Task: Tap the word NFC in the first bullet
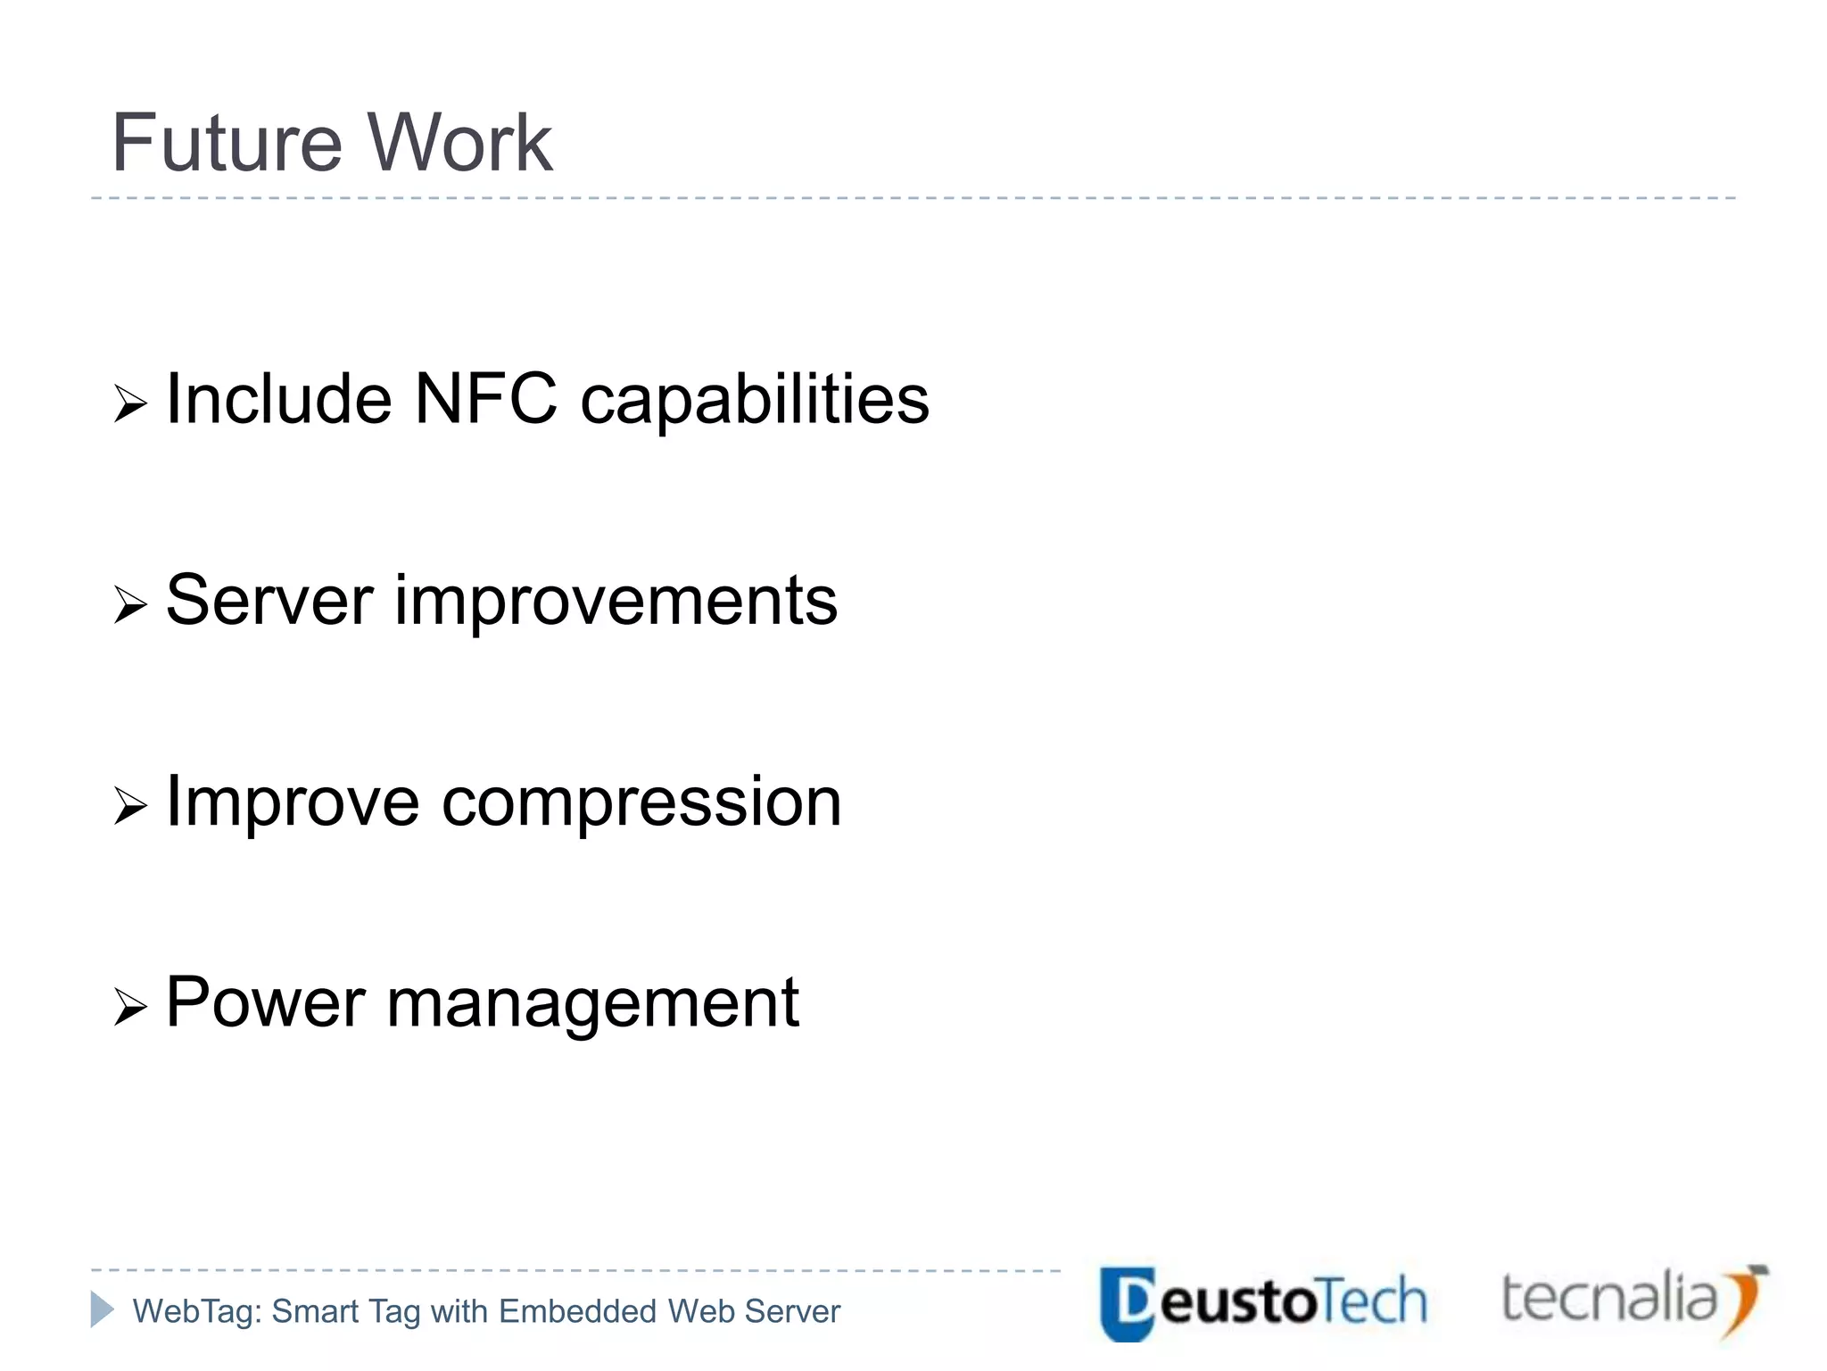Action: [486, 399]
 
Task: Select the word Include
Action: [279, 399]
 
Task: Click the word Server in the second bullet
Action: [269, 601]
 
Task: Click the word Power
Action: [265, 1003]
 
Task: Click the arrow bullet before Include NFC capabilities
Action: [130, 404]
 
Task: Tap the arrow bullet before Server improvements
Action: [130, 606]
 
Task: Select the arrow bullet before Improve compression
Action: [130, 807]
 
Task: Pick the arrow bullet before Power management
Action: [130, 1009]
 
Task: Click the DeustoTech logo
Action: [1263, 1302]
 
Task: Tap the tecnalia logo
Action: [1633, 1300]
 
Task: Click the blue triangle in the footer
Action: [102, 1309]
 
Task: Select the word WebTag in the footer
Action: [196, 1311]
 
